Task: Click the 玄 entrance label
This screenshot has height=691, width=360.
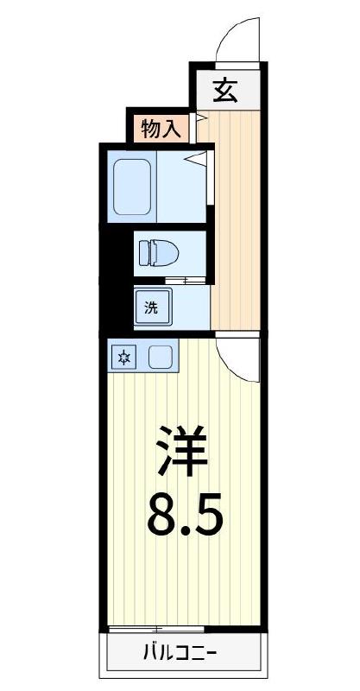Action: click(226, 90)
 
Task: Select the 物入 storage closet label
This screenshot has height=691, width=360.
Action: click(161, 129)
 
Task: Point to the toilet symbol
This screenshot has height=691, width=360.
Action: click(157, 253)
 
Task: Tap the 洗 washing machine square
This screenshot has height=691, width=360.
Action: click(152, 307)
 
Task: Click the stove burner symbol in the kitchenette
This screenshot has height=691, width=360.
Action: click(124, 357)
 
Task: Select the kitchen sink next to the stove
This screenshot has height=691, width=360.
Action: click(160, 357)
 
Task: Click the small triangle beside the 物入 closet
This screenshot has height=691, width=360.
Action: click(198, 117)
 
